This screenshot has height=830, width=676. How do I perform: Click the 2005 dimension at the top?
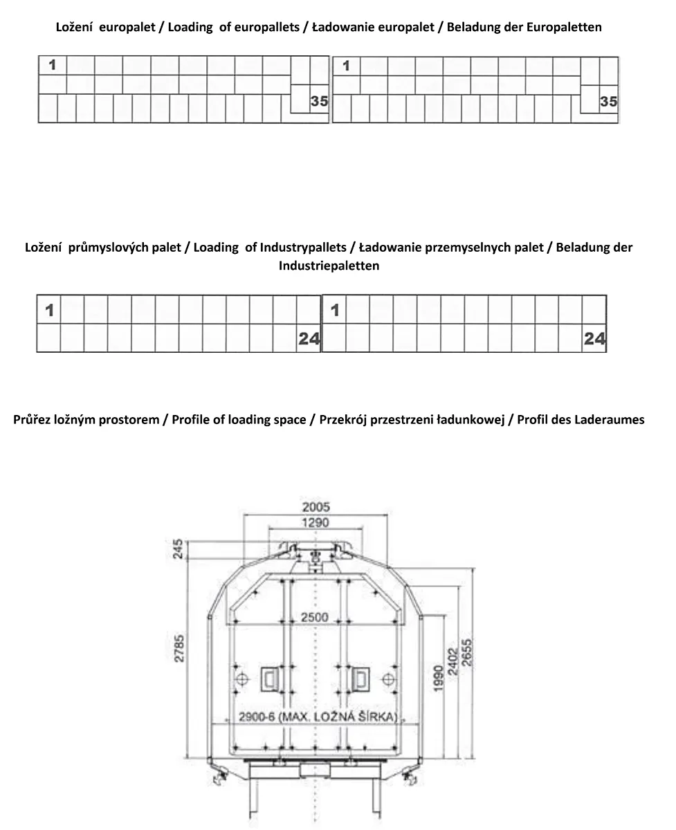[x=316, y=507]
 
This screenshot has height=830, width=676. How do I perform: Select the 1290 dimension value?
[x=316, y=523]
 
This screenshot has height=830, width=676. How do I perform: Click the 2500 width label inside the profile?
[x=316, y=617]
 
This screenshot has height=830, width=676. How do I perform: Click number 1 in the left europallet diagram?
[x=53, y=66]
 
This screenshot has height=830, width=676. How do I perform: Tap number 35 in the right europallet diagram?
[x=608, y=102]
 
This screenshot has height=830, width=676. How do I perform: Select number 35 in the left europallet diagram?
[x=319, y=102]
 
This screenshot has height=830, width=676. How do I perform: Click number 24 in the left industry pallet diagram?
[x=309, y=338]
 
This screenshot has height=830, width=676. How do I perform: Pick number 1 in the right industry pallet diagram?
[x=335, y=311]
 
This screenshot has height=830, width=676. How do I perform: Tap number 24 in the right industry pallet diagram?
[x=594, y=338]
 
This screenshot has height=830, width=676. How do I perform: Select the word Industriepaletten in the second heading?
[x=329, y=266]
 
